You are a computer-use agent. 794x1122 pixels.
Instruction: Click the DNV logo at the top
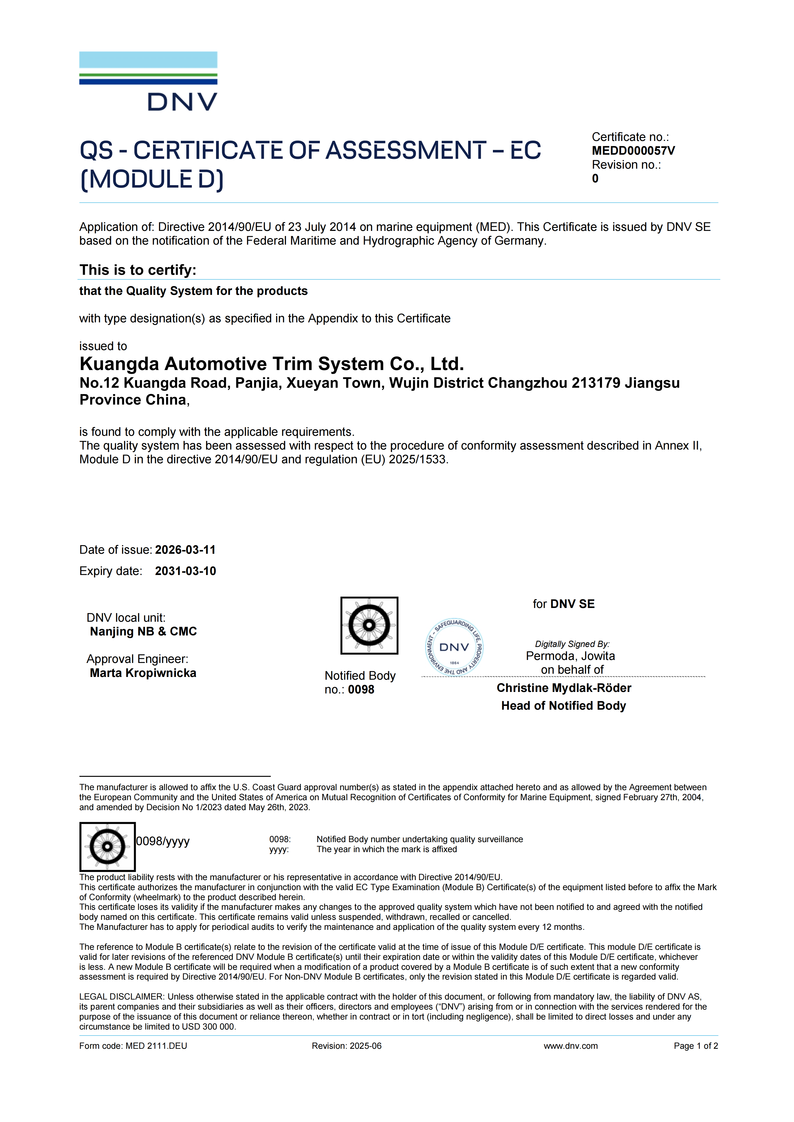pos(148,81)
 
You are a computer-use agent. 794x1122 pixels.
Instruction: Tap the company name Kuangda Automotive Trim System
pos(271,364)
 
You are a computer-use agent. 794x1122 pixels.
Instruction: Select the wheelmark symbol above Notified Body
pos(369,625)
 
